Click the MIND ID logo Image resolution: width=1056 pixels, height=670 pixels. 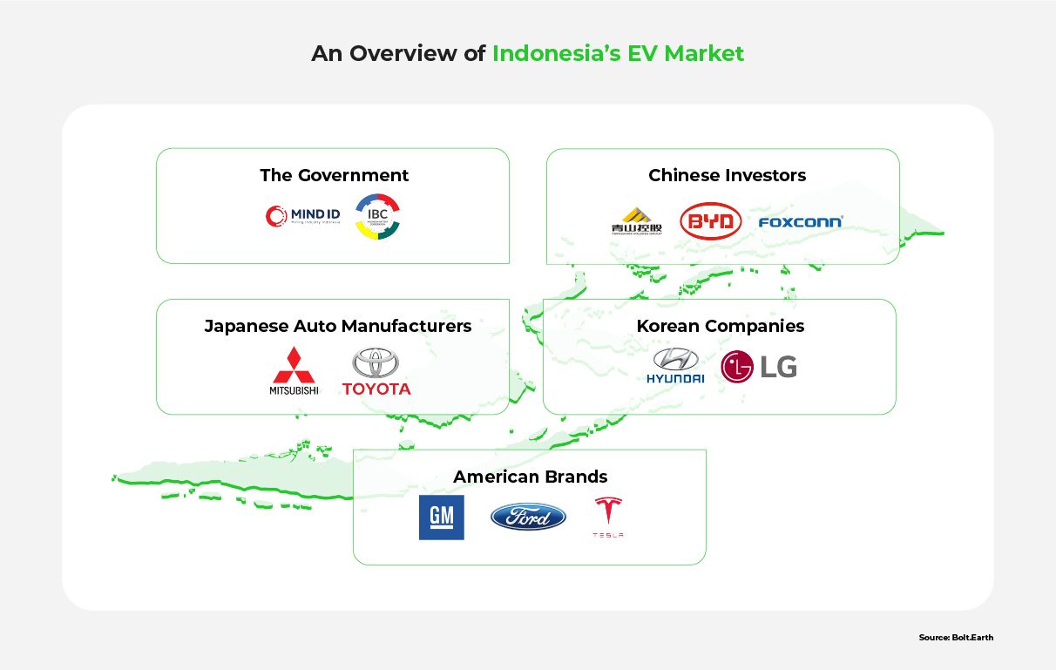coord(302,216)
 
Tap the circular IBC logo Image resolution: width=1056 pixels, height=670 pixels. coord(377,217)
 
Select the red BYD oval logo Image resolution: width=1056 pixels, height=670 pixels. coord(710,221)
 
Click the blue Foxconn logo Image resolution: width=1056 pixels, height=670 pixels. coord(800,222)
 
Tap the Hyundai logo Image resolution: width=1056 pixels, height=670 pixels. coord(675,366)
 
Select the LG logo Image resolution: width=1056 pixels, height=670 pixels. coord(759,367)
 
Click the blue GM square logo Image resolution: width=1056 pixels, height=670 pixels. coord(441,518)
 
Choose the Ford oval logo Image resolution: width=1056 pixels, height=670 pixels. coord(528,517)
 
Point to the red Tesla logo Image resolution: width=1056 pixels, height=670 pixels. coord(607,517)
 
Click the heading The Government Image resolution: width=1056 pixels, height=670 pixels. coord(334,175)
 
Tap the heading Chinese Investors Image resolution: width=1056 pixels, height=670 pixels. coord(727,175)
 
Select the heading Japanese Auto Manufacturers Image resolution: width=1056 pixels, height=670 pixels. coord(337,326)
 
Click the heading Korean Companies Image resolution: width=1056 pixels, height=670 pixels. coord(720,326)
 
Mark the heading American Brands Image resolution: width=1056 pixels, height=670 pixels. coord(530,477)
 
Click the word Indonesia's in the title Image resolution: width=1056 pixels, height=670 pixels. coord(556,54)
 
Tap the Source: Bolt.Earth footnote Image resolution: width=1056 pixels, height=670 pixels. coord(955,638)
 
